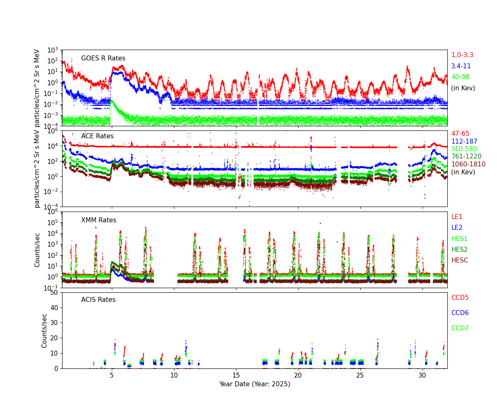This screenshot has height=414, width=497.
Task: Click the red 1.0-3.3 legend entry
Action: pyautogui.click(x=462, y=55)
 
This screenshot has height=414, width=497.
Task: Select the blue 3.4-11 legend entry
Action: pyautogui.click(x=461, y=66)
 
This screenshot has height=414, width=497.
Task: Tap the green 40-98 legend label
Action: pyautogui.click(x=460, y=77)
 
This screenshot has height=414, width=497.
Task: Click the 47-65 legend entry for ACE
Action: pyautogui.click(x=460, y=134)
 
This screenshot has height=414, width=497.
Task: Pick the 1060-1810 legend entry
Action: pyautogui.click(x=468, y=164)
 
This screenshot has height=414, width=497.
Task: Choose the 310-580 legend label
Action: pyautogui.click(x=464, y=149)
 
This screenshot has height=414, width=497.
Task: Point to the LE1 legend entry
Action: pyautogui.click(x=456, y=217)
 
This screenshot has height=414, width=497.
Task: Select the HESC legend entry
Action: pyautogui.click(x=459, y=260)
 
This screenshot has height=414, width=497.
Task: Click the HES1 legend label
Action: pyautogui.click(x=459, y=239)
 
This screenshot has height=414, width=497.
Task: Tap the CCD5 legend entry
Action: pyautogui.click(x=460, y=298)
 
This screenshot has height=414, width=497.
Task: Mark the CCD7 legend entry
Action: pyautogui.click(x=460, y=328)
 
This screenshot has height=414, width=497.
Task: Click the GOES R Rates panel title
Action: pyautogui.click(x=103, y=58)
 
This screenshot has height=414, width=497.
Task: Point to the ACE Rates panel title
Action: pyautogui.click(x=97, y=136)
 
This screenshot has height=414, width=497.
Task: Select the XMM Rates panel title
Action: pyautogui.click(x=99, y=220)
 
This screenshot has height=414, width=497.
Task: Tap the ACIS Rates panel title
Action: pyautogui.click(x=98, y=300)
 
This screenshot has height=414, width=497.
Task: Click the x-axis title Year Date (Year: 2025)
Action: pyautogui.click(x=255, y=384)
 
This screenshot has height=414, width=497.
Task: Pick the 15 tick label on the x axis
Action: pyautogui.click(x=236, y=375)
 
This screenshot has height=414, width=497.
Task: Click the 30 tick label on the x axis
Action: pyautogui.click(x=422, y=375)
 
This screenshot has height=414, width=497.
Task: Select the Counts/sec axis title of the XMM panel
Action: pyautogui.click(x=38, y=250)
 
